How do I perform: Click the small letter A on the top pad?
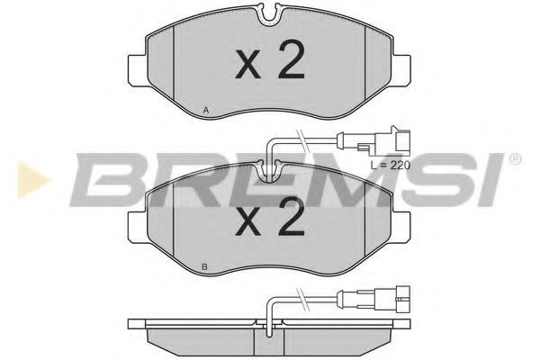tap(206, 110)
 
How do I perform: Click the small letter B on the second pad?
tap(205, 266)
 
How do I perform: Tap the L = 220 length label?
tap(391, 166)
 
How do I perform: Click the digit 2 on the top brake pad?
tap(292, 59)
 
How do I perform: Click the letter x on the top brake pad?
tap(248, 66)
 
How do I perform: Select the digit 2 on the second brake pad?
tap(292, 216)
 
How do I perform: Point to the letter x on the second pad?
tap(248, 222)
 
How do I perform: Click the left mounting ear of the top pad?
tap(139, 70)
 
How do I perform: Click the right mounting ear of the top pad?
tap(400, 70)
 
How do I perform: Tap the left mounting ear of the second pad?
tap(139, 227)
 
